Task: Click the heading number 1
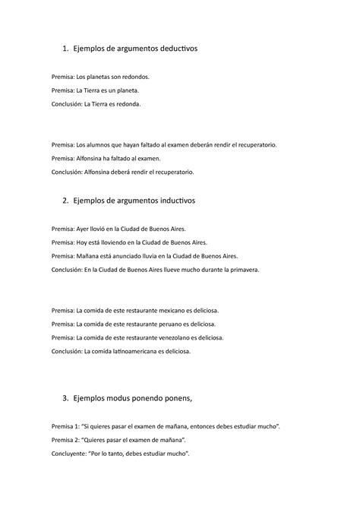[x=63, y=49]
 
